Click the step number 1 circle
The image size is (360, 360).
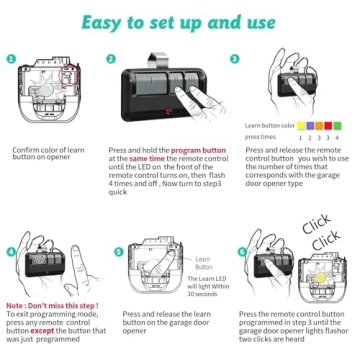(x=10, y=59)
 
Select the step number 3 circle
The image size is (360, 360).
(x=236, y=59)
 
